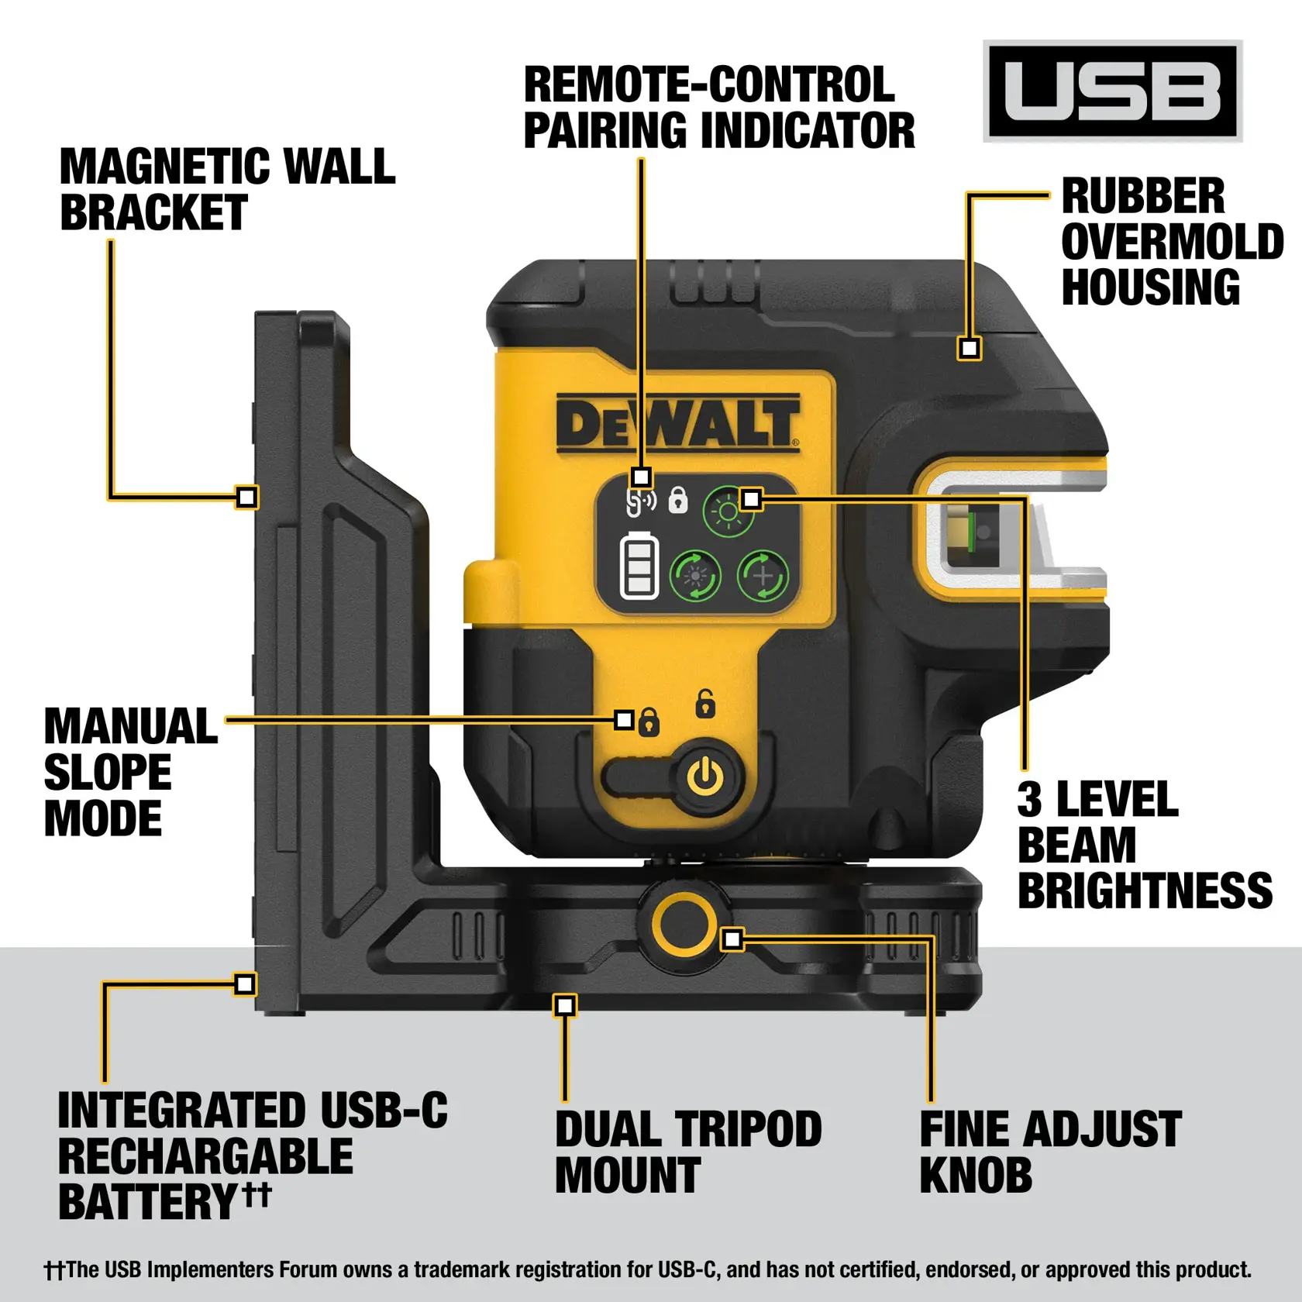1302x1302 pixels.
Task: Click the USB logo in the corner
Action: point(1112,91)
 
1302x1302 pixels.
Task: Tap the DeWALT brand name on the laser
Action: point(677,424)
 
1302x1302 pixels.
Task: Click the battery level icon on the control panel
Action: point(639,567)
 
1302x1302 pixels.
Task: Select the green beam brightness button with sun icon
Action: point(727,512)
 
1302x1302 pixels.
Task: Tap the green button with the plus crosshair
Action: point(763,576)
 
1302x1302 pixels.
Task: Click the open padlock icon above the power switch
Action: point(704,704)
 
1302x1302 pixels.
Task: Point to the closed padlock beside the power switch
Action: point(649,722)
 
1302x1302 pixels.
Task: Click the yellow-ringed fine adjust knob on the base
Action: point(683,924)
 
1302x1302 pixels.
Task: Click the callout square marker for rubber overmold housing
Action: point(969,348)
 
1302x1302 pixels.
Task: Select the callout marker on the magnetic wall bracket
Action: point(246,497)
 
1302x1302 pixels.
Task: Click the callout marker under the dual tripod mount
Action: point(565,1006)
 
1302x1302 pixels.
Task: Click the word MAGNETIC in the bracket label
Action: point(164,167)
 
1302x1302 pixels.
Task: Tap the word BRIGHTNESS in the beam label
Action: point(1144,890)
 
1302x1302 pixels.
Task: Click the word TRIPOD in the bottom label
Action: point(748,1130)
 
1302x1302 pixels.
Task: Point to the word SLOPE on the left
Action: point(108,773)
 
